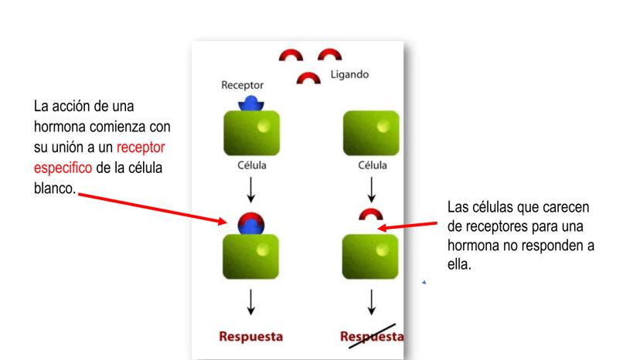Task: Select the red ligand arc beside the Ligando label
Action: (x=310, y=78)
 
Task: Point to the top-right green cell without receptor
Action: (x=371, y=134)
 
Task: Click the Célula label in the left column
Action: (x=250, y=165)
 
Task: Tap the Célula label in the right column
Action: (x=371, y=165)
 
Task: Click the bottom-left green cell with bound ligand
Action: (x=250, y=255)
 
